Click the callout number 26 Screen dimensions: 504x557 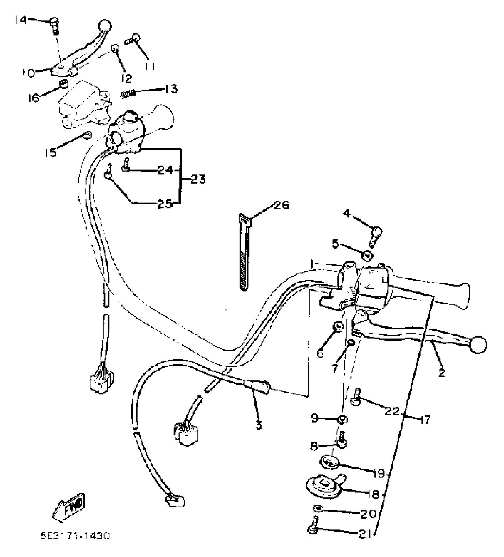tap(281, 205)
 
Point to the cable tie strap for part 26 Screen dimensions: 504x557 tap(244, 252)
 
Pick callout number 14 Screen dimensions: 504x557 tap(21, 20)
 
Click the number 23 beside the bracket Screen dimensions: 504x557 tap(198, 179)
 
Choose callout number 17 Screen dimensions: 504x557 tap(425, 420)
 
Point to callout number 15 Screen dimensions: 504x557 tap(50, 153)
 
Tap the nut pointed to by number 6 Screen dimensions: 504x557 tap(338, 326)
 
